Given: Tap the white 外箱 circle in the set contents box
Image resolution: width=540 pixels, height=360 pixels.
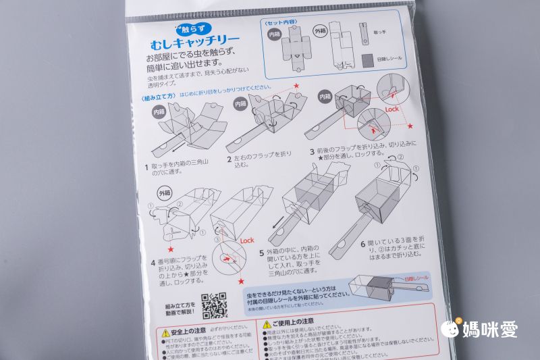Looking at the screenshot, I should pyautogui.click(x=320, y=31).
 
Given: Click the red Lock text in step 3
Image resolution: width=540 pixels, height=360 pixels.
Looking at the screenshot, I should pyautogui.click(x=394, y=108).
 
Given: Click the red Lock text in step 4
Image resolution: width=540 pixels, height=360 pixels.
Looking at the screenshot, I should pyautogui.click(x=246, y=240).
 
